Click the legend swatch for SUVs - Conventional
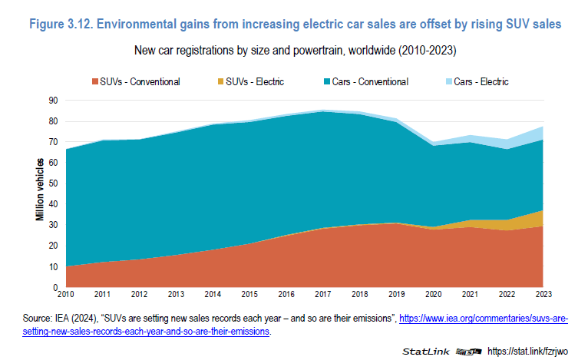[x=95, y=82]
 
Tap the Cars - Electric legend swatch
[x=447, y=82]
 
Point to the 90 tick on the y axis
[x=55, y=100]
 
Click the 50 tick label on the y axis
[x=55, y=183]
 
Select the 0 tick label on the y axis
[x=57, y=288]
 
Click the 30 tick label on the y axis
[x=55, y=225]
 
